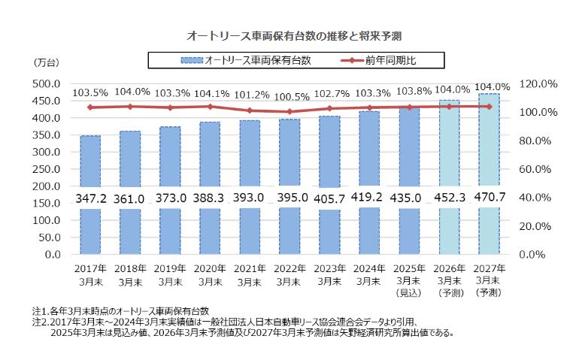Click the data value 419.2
click(x=369, y=198)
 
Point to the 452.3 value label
click(x=449, y=198)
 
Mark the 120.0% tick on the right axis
click(x=538, y=83)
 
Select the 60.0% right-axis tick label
click(x=538, y=169)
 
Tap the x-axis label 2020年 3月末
click(x=210, y=274)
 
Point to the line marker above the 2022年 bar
click(x=289, y=111)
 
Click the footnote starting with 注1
click(x=120, y=310)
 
